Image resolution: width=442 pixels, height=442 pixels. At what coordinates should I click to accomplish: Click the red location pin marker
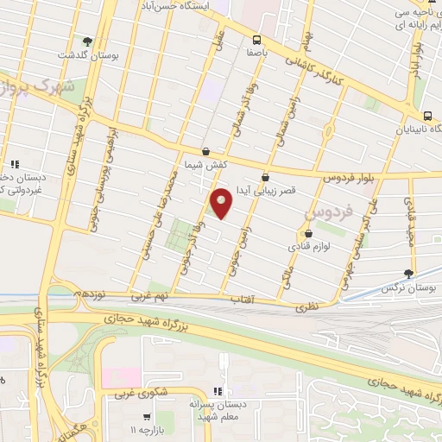tap(222, 202)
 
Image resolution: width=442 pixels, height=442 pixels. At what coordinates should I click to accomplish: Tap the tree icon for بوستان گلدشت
tap(86, 41)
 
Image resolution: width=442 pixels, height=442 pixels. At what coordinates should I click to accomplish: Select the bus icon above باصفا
tap(256, 40)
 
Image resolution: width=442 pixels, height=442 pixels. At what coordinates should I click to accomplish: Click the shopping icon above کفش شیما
tap(205, 151)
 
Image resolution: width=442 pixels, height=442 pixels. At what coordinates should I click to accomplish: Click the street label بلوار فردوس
tap(351, 175)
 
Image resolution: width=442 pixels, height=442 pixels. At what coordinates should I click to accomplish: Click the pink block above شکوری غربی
tap(121, 376)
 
